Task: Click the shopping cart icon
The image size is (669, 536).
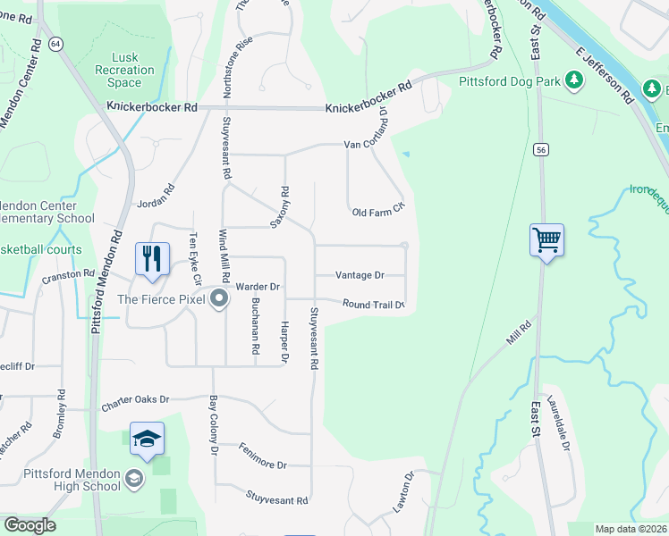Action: pos(546,239)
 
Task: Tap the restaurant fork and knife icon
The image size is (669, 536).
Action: pos(151,259)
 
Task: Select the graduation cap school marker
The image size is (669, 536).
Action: pos(147,439)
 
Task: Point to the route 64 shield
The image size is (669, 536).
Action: pos(56,44)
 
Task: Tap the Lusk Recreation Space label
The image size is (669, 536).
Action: pos(125,70)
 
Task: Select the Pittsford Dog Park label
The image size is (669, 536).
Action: pos(510,81)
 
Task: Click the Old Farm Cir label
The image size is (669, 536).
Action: pos(378,212)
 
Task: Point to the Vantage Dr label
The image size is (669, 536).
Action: pos(360,276)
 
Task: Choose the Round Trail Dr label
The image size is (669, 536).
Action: pos(374,305)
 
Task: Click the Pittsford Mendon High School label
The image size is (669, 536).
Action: pos(73,479)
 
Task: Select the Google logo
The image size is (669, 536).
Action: pos(30,525)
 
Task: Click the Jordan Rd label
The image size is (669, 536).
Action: pos(156,198)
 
